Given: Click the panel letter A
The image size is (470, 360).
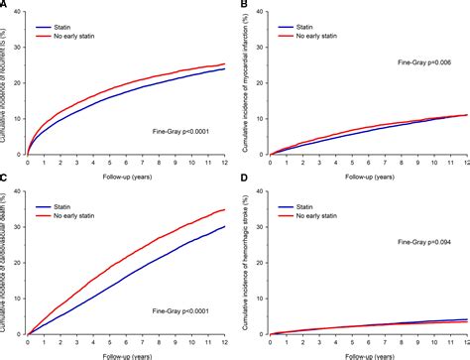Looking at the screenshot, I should click(x=5, y=6).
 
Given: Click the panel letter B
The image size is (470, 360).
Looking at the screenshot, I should click(x=244, y=6).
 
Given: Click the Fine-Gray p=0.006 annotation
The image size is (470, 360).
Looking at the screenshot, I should click(x=402, y=61).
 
